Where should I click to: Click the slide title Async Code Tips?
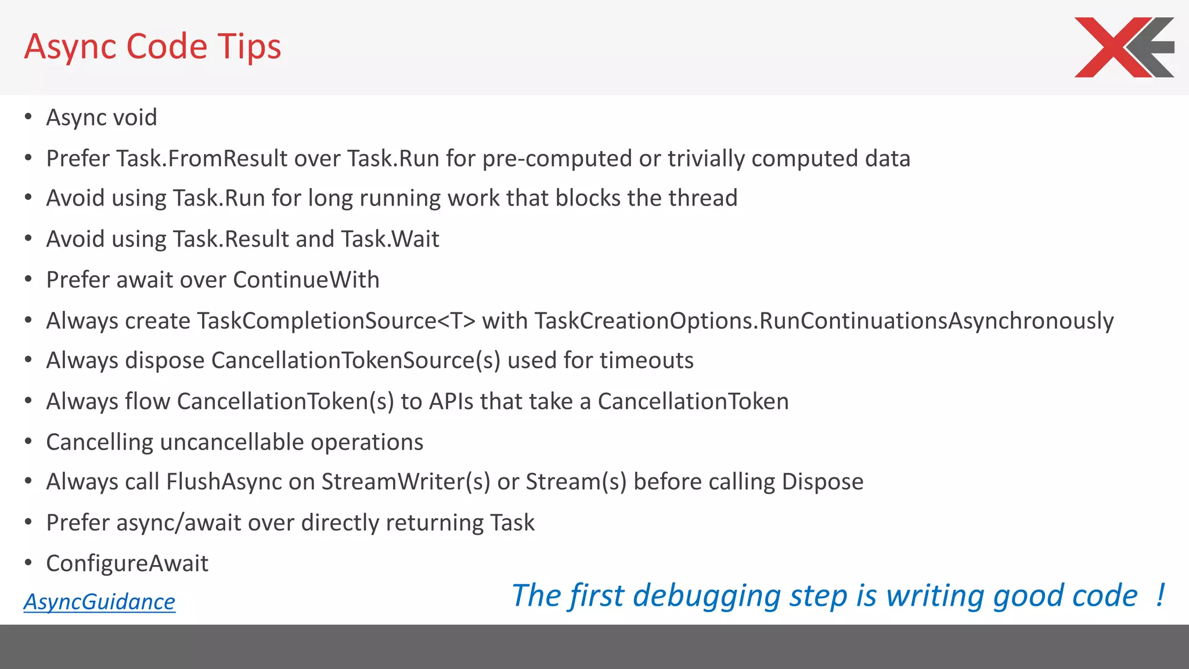point(153,46)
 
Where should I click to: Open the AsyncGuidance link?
point(99,602)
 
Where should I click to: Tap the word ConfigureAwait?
point(127,563)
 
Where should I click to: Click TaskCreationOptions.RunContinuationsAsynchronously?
point(824,321)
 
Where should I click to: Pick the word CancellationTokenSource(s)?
point(355,361)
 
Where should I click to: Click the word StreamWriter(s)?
point(406,482)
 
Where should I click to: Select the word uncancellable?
point(232,443)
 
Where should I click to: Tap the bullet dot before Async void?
point(28,117)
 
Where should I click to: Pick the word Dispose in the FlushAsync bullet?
point(822,482)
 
